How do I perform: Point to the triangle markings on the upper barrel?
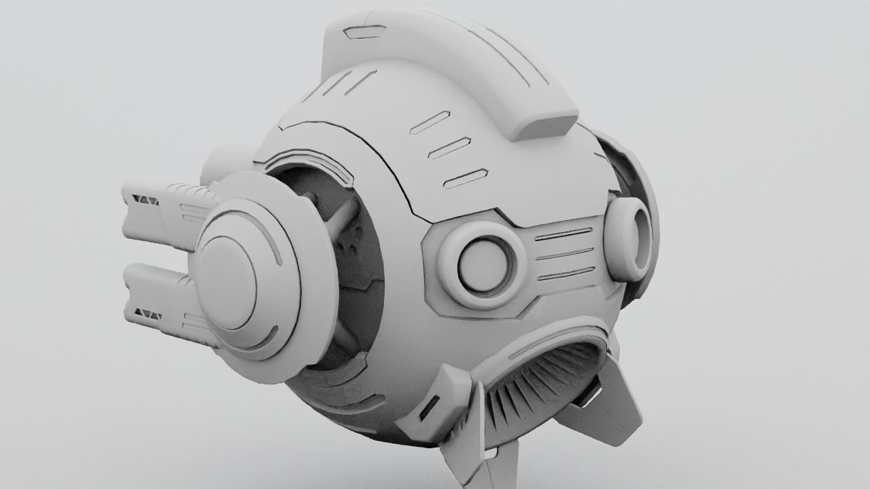(x=146, y=200)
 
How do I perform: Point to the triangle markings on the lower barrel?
(x=147, y=314)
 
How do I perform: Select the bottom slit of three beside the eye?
(x=565, y=274)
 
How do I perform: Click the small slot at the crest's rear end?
(x=364, y=31)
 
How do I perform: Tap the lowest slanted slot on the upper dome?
(x=466, y=178)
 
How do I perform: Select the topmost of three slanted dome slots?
(x=430, y=122)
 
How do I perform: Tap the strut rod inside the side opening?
(x=343, y=217)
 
